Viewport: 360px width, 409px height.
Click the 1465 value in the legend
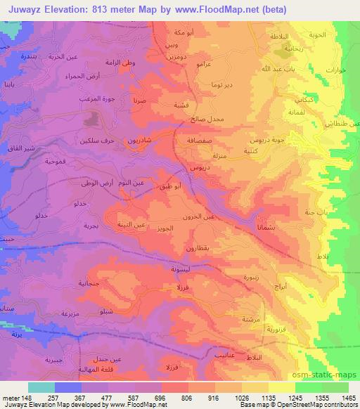click(x=349, y=397)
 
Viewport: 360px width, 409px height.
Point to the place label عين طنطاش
click(x=338, y=123)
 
